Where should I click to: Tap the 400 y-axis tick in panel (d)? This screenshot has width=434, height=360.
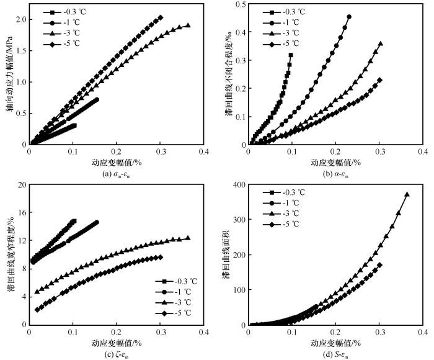[236, 185]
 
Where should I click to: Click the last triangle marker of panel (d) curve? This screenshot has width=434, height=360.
[407, 194]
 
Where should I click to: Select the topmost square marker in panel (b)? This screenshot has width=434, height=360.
[291, 55]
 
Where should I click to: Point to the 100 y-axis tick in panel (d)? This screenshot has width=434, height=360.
[236, 290]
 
